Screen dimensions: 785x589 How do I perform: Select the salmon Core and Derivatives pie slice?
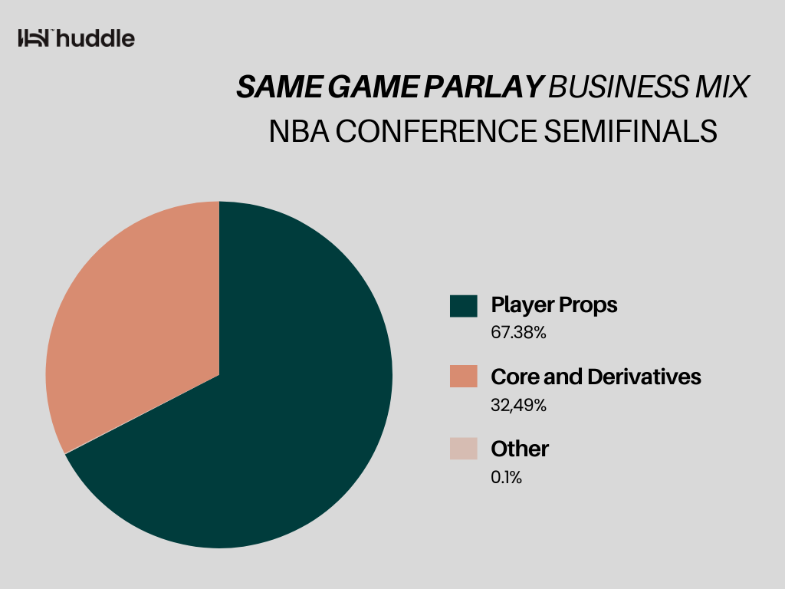(x=145, y=321)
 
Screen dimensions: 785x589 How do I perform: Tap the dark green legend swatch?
(x=464, y=306)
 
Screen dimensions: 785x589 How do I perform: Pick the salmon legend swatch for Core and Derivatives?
(x=464, y=376)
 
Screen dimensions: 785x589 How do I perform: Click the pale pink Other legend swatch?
(x=464, y=448)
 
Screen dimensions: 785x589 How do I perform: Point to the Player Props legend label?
(x=554, y=305)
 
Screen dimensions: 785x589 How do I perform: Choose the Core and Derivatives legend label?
(x=596, y=377)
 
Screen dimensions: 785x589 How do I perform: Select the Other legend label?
(x=520, y=449)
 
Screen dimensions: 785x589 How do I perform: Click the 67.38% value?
(x=519, y=333)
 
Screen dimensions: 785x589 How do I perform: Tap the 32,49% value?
(x=519, y=405)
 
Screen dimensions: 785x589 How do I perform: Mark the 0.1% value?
(x=507, y=477)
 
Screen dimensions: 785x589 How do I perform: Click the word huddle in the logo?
(x=95, y=38)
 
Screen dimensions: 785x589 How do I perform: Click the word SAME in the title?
(x=279, y=87)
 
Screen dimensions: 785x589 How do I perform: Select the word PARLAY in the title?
(x=484, y=87)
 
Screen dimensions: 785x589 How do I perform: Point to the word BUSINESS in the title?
(x=619, y=87)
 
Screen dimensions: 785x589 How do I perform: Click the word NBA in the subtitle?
(x=299, y=131)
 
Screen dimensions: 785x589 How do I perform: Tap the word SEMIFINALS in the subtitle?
(x=631, y=131)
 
